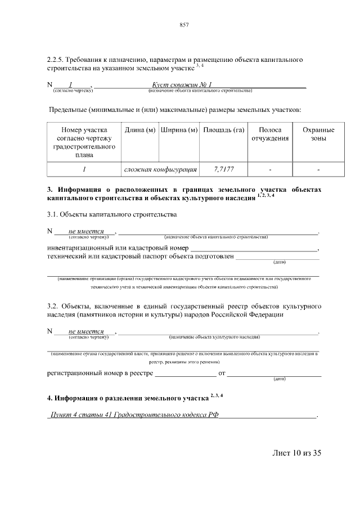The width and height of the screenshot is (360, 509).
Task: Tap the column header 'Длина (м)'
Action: [140, 130]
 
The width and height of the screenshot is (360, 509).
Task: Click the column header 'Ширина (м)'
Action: [179, 130]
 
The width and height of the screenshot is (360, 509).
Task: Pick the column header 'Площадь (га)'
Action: [223, 130]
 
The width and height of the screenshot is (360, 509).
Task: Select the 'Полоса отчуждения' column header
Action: [270, 134]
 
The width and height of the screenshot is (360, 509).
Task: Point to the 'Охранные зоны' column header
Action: [318, 134]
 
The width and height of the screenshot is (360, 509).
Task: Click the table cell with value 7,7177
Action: [224, 169]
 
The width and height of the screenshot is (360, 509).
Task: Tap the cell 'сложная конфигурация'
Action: [160, 169]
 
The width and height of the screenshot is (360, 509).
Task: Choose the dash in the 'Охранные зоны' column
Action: [318, 169]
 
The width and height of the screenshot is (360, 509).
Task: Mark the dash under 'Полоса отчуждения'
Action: [270, 169]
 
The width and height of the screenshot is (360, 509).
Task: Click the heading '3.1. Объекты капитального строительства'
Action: [112, 214]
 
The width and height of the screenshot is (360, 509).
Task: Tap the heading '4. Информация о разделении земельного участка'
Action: [127, 398]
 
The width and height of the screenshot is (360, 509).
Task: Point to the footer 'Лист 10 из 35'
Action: [296, 453]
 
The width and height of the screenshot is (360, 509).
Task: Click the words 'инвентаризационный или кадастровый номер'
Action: [117, 249]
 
